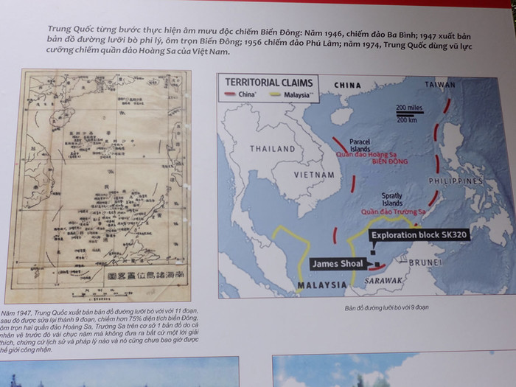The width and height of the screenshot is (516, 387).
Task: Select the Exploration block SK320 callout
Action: click(x=419, y=234)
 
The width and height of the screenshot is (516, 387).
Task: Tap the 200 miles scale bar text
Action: click(x=410, y=108)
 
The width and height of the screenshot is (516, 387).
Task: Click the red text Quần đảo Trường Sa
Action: click(x=391, y=212)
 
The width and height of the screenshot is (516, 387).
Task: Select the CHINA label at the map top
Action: click(x=347, y=86)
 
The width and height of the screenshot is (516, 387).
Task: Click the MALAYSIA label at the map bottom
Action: click(x=321, y=284)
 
